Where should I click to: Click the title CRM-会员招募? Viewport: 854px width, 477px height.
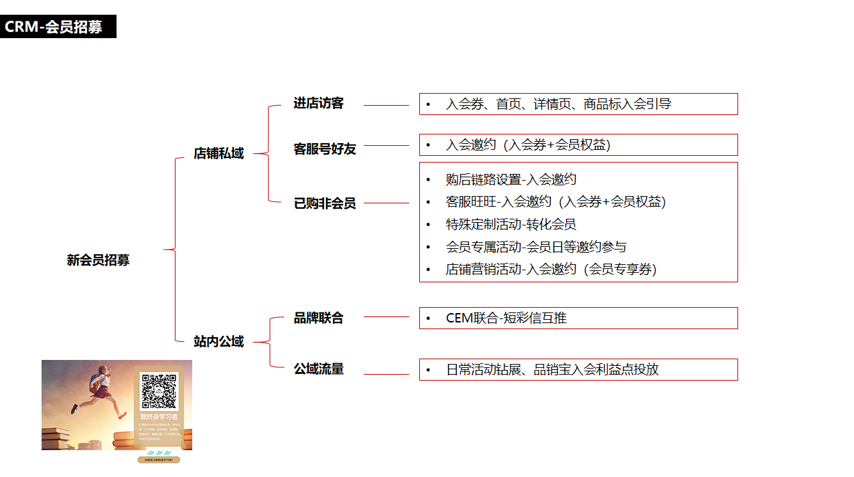[54, 27]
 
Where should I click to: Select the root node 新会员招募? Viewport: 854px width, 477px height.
[98, 260]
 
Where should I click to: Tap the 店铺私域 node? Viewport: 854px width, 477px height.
[218, 153]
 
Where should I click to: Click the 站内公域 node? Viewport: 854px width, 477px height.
[218, 341]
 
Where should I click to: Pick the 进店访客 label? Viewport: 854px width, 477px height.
[318, 103]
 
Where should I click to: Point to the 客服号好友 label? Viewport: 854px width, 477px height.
[325, 149]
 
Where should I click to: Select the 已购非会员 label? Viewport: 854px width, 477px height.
[325, 203]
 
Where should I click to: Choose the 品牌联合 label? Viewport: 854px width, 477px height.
[318, 318]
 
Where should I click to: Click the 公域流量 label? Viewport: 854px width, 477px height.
[318, 369]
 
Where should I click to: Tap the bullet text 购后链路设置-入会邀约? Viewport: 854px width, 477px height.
[511, 179]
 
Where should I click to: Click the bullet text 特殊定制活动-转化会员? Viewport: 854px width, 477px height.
[511, 224]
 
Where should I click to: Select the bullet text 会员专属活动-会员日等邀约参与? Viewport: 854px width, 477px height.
[536, 247]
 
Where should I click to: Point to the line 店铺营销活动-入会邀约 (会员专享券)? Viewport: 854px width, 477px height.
[551, 269]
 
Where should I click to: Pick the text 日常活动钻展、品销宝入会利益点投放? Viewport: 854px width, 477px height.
[552, 369]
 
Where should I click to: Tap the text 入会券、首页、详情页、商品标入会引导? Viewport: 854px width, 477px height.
[558, 104]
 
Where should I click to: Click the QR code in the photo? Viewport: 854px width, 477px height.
[159, 391]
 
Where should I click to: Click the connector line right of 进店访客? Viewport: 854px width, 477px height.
[386, 105]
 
